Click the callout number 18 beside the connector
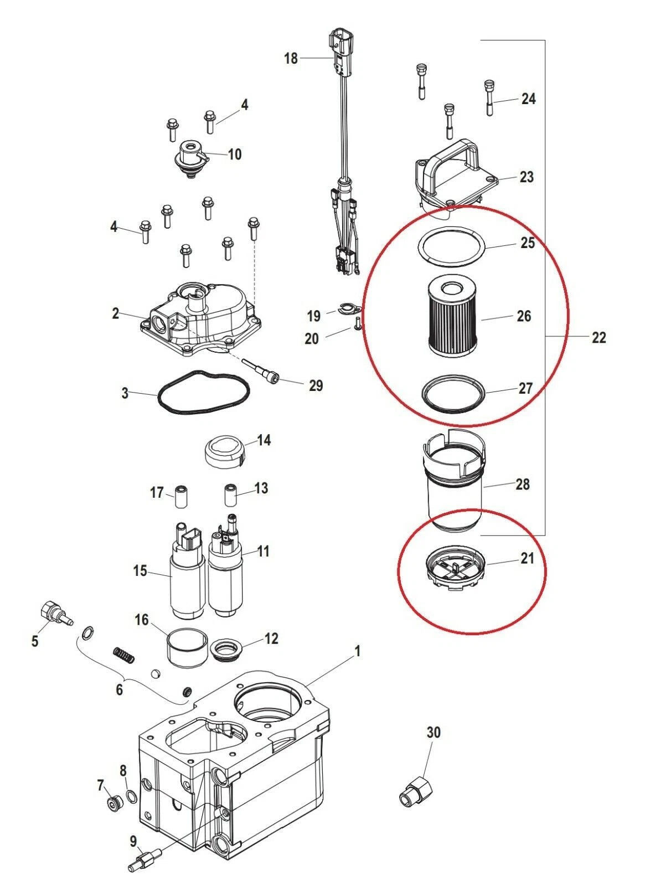[x=291, y=58]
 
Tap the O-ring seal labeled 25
[x=450, y=245]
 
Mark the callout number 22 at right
[x=598, y=337]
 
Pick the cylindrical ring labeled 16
[x=188, y=648]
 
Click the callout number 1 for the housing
[x=357, y=651]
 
